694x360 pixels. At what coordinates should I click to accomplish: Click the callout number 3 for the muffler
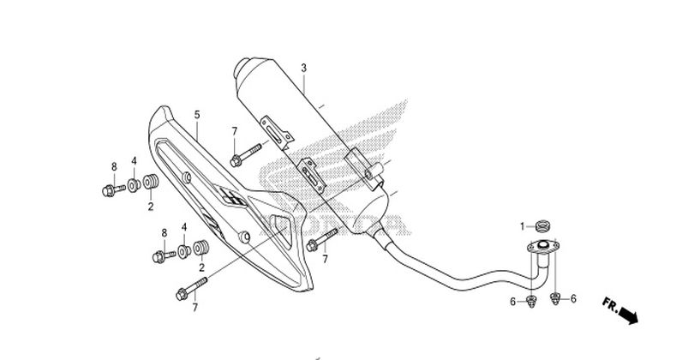(x=303, y=68)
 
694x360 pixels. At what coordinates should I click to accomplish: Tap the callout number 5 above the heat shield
(x=196, y=114)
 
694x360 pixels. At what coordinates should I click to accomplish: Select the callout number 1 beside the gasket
(x=520, y=226)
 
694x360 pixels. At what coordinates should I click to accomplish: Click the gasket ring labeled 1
(x=540, y=227)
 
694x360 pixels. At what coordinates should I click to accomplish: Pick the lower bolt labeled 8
(x=160, y=256)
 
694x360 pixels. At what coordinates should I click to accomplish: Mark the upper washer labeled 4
(x=134, y=185)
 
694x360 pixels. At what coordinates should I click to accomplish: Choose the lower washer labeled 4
(x=182, y=254)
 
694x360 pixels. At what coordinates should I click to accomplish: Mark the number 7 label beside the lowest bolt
(x=194, y=307)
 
